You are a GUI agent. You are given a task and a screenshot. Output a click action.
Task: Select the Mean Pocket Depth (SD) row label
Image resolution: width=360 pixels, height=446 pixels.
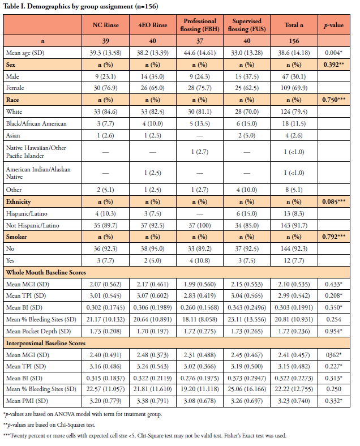coord(38,331)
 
